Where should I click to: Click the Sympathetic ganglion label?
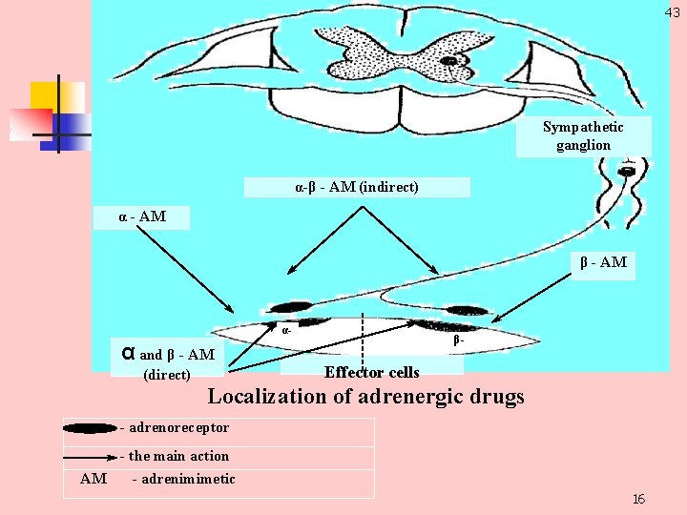click(583, 136)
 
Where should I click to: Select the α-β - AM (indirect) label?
click(357, 187)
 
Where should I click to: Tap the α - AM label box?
click(142, 216)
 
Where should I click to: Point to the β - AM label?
click(603, 262)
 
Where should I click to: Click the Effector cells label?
click(371, 372)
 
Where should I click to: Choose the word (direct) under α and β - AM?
click(166, 375)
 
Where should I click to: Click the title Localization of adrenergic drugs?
click(365, 396)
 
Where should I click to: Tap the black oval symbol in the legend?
click(91, 428)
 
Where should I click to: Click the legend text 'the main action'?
click(178, 456)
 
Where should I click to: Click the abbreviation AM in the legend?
click(94, 479)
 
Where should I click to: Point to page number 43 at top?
click(673, 11)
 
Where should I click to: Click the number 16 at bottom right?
click(638, 500)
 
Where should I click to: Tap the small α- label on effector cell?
click(286, 329)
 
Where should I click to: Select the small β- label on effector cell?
click(459, 340)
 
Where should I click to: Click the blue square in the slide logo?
click(73, 125)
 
